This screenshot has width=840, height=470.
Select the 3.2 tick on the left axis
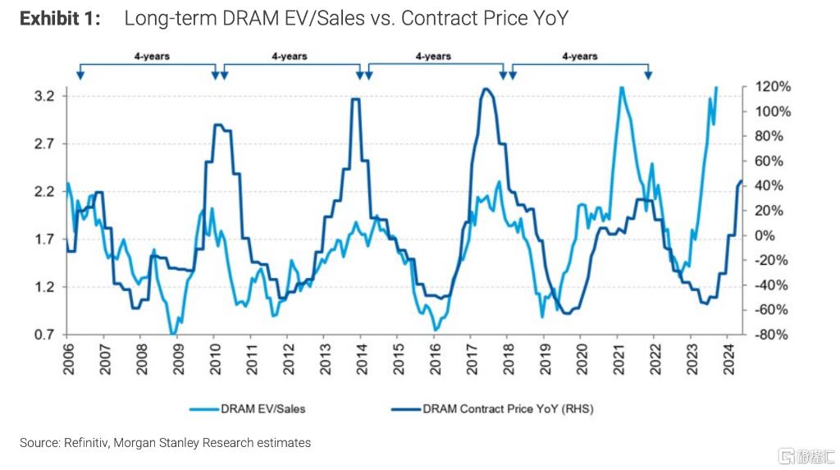(44, 97)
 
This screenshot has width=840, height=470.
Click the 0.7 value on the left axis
(44, 335)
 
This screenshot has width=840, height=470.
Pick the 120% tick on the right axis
(773, 87)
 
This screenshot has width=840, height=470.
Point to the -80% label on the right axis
(772, 335)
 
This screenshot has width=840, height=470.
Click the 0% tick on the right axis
(765, 235)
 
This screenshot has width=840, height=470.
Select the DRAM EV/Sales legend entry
(248, 409)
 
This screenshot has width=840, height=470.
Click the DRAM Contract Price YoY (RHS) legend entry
(492, 409)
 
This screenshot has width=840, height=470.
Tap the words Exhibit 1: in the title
(60, 19)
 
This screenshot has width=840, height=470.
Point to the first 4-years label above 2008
(152, 57)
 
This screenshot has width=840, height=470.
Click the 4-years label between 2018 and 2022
(580, 57)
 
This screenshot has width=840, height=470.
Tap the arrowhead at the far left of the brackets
(80, 75)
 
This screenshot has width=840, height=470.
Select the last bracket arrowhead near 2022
(648, 75)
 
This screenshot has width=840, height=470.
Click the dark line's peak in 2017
(486, 89)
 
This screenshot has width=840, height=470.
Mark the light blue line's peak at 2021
(622, 88)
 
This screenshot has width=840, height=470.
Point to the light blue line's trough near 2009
(172, 333)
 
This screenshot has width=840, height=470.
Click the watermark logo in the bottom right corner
(806, 456)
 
